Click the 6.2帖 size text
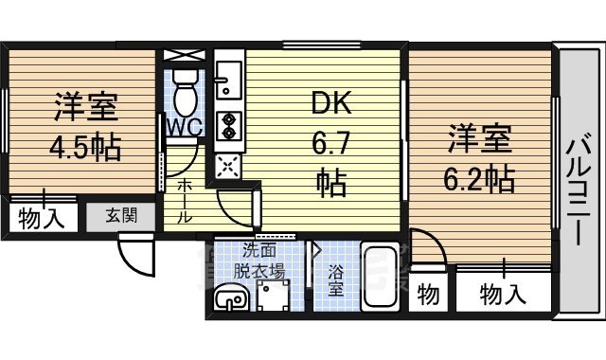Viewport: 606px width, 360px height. click(480, 176)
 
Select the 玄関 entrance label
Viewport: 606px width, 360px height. click(120, 215)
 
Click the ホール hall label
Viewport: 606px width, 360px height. click(186, 201)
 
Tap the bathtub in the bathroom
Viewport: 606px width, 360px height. click(383, 279)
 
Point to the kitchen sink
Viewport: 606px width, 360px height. click(227, 80)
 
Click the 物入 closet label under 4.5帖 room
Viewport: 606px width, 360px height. click(41, 220)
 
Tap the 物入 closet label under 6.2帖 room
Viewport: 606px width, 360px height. click(501, 294)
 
